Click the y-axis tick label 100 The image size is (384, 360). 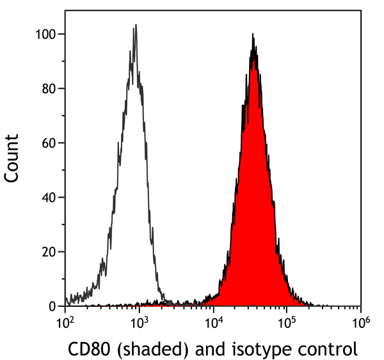coord(49,34)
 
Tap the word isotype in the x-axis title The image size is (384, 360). coord(247,350)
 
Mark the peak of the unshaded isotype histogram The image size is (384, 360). coord(135,26)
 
